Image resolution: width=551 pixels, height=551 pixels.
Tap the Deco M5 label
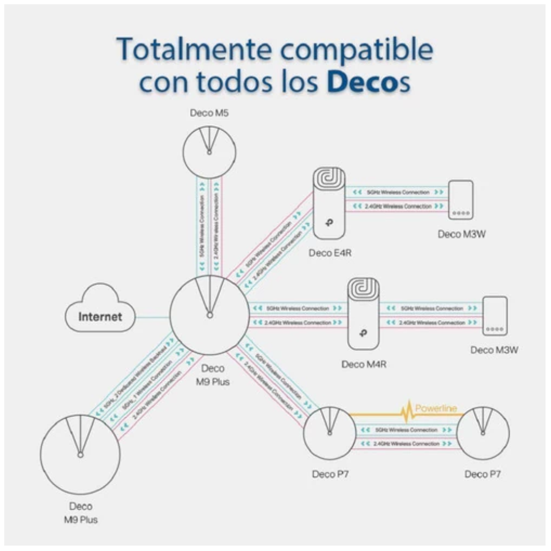coord(209,114)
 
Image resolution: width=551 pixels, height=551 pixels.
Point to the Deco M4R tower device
coord(363,314)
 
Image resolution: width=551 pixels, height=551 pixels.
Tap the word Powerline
coord(436,408)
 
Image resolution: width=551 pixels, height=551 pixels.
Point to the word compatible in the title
coord(360,50)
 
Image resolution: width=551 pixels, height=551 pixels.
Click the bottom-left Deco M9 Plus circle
coord(80,453)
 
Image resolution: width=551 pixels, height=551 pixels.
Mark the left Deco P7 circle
coord(330,433)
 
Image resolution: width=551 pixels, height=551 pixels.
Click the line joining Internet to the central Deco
coord(152,317)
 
